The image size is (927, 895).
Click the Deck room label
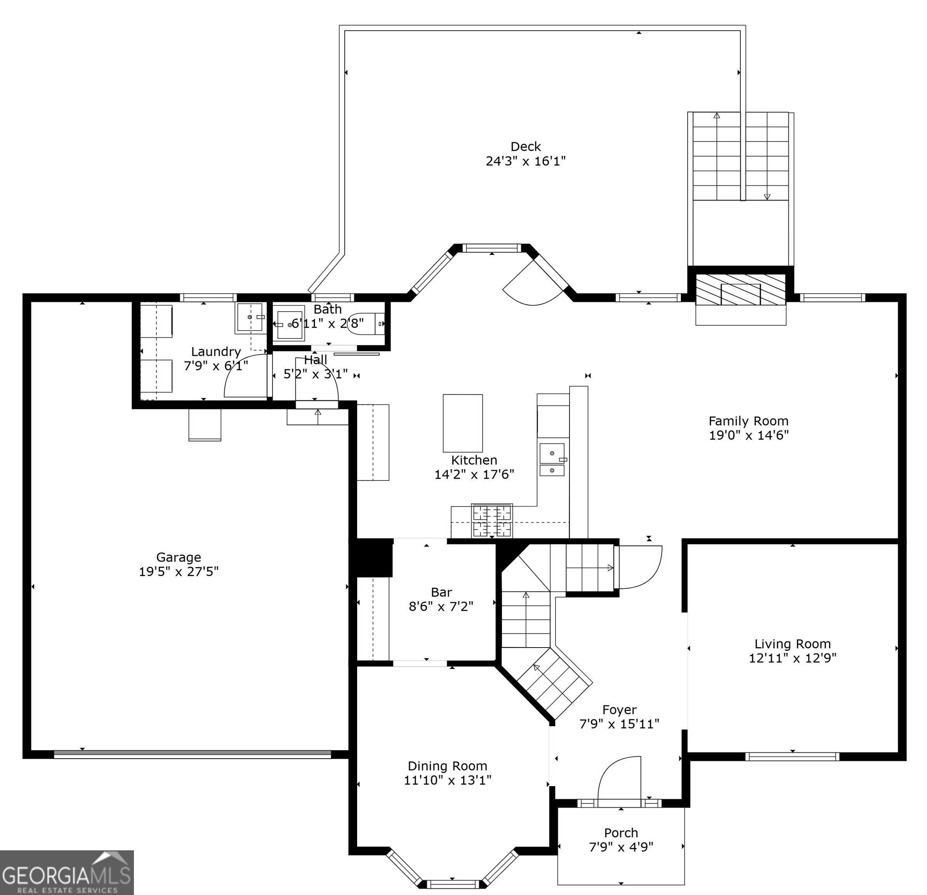tap(526, 147)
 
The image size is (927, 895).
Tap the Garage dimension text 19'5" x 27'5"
tap(179, 572)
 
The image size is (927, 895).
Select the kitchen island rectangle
tap(463, 423)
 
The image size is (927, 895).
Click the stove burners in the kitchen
tap(492, 521)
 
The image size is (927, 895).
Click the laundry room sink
tap(251, 318)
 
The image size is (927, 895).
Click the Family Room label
tap(748, 421)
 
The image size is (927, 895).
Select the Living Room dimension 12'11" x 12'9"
tap(793, 658)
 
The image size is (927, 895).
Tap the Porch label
tap(621, 832)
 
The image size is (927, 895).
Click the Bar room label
tap(441, 592)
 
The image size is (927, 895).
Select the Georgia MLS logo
tap(67, 872)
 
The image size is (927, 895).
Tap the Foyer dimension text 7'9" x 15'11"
tap(620, 724)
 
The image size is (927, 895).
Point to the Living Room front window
tap(792, 756)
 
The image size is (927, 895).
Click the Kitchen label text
tap(474, 460)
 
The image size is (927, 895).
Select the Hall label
tap(316, 360)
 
